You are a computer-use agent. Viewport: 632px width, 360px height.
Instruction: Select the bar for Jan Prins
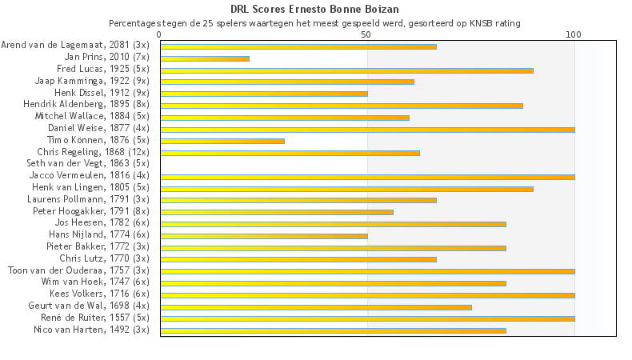[x=205, y=58]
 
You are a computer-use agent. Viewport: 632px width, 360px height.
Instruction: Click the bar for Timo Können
[x=222, y=141]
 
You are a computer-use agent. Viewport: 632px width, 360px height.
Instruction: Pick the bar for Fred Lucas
[x=346, y=70]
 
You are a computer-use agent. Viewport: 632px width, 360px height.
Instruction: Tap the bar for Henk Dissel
[x=264, y=94]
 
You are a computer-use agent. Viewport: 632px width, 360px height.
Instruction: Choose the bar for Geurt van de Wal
[x=316, y=306]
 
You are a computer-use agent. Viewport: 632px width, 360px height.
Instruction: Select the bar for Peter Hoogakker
[x=277, y=212]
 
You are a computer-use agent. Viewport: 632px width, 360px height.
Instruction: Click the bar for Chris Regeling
[x=290, y=153]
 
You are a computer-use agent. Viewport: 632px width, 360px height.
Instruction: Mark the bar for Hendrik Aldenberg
[x=342, y=106]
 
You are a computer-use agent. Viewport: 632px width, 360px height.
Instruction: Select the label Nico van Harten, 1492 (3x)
[x=91, y=330]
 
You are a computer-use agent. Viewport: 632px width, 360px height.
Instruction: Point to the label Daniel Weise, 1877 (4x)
[x=98, y=128]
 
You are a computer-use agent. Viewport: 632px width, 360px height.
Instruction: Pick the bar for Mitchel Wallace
[x=285, y=118]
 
